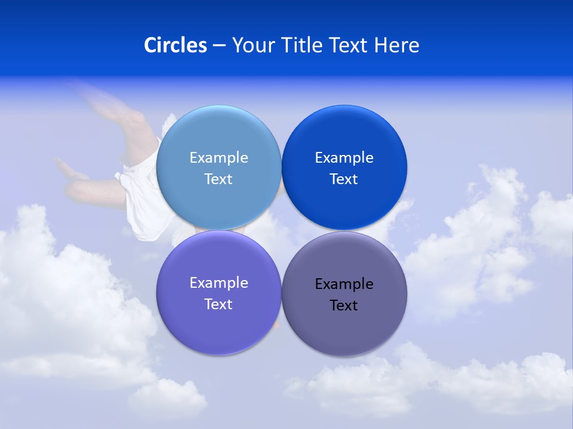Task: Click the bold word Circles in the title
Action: pos(175,45)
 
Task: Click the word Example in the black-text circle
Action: pos(344,284)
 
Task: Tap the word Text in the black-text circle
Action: pos(344,306)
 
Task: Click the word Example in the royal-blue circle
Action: pos(344,158)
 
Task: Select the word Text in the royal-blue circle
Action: pos(344,179)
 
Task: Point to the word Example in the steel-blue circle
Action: pos(218,158)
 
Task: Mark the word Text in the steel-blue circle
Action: pos(218,179)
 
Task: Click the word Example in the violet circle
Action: pos(218,283)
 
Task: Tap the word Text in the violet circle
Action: pos(218,304)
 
